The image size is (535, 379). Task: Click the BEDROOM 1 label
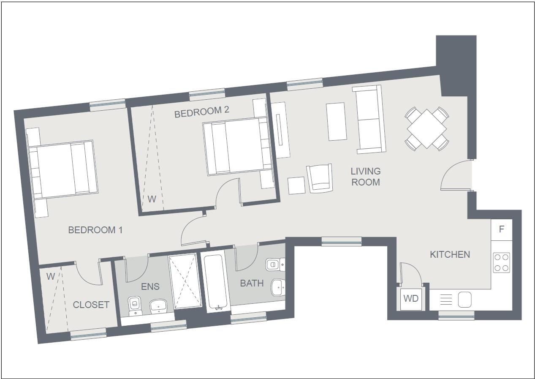click(95, 230)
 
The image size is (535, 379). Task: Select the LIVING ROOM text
click(366, 177)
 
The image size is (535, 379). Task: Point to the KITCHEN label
click(450, 254)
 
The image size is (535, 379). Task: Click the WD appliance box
click(411, 299)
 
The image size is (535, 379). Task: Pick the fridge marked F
click(502, 229)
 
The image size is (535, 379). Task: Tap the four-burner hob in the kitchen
click(501, 262)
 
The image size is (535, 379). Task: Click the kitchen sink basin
click(464, 300)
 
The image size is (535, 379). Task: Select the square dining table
click(426, 128)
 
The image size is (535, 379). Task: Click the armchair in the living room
click(320, 178)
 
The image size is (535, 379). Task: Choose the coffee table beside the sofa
click(337, 121)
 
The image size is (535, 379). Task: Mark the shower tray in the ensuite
click(185, 280)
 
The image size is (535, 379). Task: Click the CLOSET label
click(91, 305)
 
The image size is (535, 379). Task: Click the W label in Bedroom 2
click(152, 199)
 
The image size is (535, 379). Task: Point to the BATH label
click(252, 283)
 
